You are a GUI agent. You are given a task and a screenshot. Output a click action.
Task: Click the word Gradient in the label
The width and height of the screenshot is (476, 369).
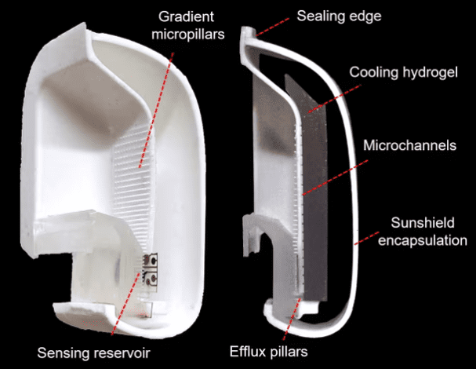click(186, 16)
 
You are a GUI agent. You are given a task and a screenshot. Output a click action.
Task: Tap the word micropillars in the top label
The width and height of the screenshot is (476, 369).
click(188, 35)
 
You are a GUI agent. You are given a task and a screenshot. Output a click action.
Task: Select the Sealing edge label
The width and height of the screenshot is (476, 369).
click(339, 16)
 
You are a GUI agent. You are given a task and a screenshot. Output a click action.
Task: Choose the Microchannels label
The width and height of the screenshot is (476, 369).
click(410, 145)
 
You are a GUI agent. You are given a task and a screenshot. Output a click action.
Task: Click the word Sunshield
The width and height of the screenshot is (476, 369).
click(423, 222)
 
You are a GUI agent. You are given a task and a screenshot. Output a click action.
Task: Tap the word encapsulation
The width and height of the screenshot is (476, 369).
click(423, 240)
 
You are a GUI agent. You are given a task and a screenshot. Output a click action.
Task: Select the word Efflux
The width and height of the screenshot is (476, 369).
click(248, 352)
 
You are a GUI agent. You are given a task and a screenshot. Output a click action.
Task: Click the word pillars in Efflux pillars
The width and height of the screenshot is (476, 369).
click(289, 352)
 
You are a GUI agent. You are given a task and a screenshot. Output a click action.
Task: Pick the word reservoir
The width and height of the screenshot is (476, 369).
click(122, 353)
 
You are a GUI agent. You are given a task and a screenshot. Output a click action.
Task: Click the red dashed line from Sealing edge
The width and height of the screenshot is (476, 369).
click(272, 27)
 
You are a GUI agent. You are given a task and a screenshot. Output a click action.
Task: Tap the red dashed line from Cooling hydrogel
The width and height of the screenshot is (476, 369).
click(334, 99)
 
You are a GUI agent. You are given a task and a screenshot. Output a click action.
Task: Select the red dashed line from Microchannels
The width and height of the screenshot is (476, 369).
click(335, 177)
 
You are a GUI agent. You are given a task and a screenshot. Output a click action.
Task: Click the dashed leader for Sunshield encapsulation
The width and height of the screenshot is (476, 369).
click(367, 239)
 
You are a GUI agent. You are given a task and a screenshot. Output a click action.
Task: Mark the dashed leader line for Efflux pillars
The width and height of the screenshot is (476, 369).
click(292, 320)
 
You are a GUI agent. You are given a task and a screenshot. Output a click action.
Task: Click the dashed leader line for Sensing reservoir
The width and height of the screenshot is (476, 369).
click(125, 304)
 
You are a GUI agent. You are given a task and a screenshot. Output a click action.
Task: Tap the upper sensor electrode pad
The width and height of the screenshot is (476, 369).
click(151, 260)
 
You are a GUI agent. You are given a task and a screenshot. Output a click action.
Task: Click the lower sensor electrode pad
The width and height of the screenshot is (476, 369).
click(151, 278)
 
